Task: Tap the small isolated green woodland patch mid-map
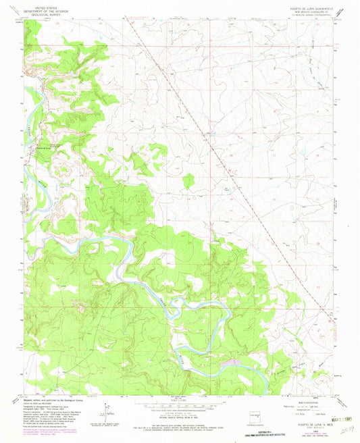[188, 180]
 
